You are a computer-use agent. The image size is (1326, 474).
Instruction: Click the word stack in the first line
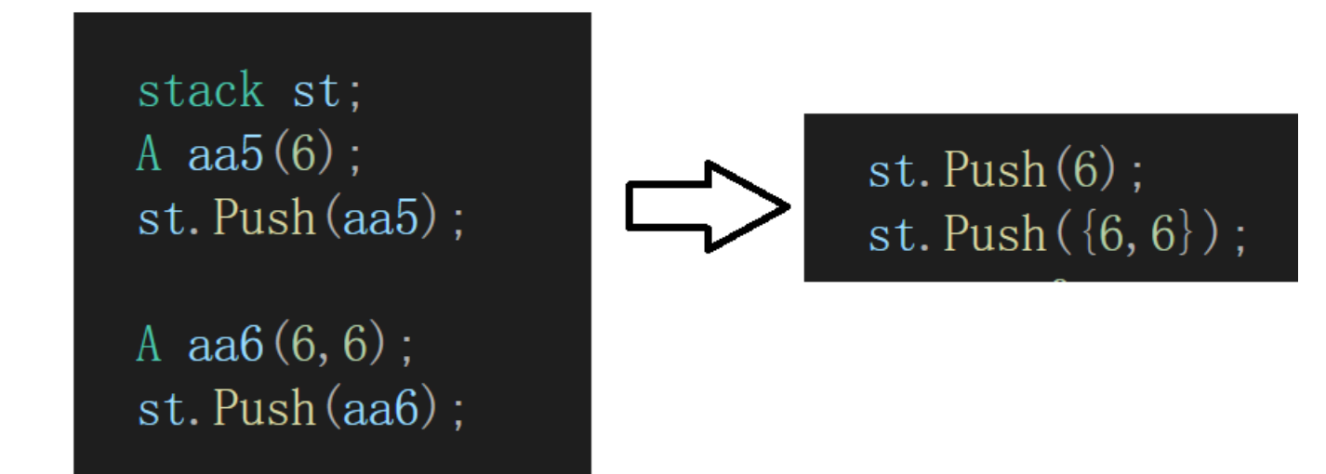pyautogui.click(x=200, y=92)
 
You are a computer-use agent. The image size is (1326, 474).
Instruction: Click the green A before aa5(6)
pyautogui.click(x=149, y=155)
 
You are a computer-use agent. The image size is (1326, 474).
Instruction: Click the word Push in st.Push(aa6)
pyautogui.click(x=264, y=409)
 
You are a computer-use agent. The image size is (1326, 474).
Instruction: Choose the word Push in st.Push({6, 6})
pyautogui.click(x=993, y=234)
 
